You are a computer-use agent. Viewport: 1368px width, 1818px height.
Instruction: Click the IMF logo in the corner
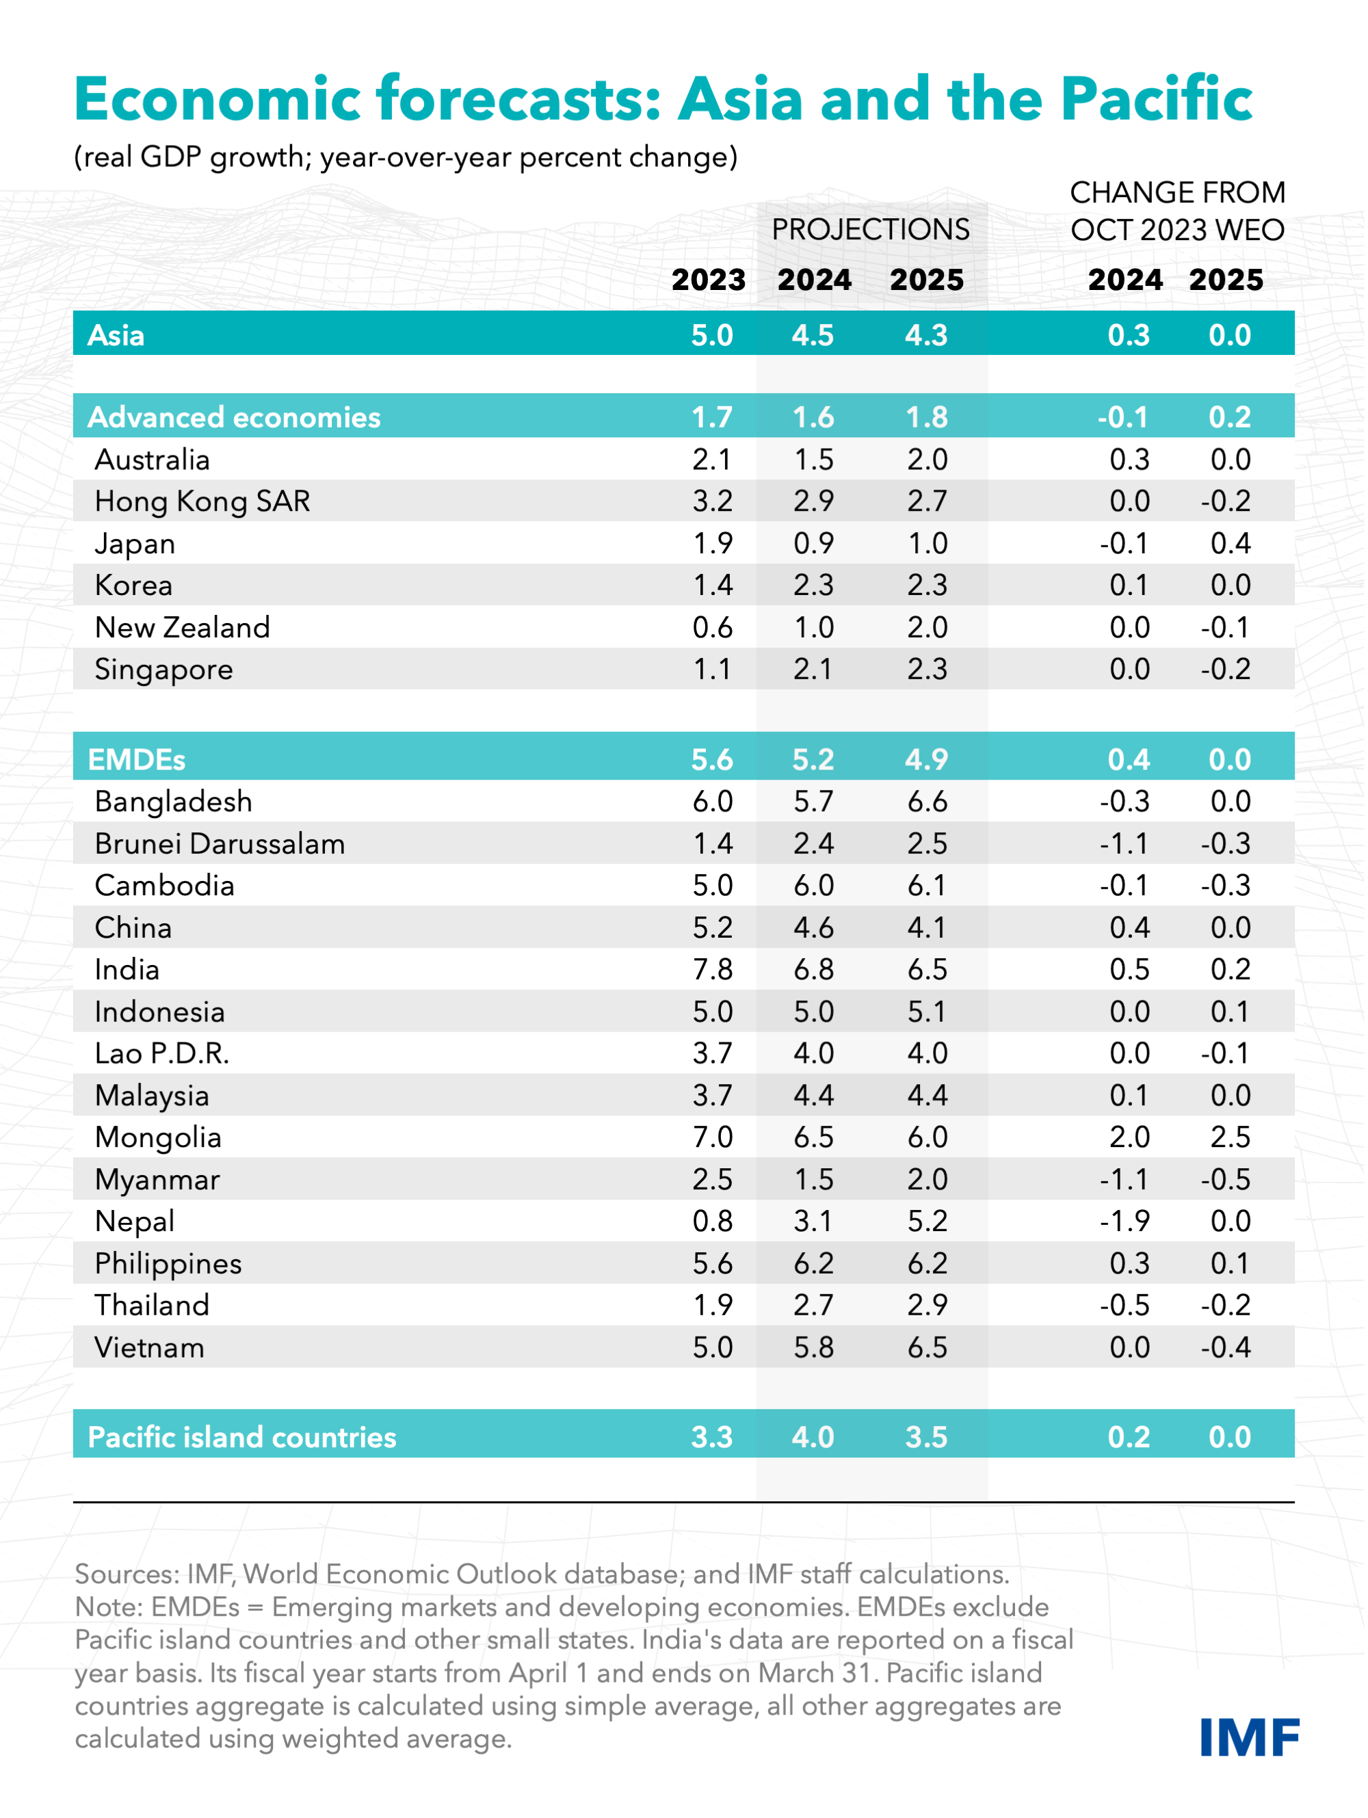[x=1249, y=1737]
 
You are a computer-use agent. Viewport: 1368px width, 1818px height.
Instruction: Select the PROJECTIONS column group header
[x=871, y=229]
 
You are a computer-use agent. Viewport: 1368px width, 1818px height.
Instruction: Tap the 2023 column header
[x=709, y=280]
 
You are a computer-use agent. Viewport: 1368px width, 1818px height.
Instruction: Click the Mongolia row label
[x=158, y=1137]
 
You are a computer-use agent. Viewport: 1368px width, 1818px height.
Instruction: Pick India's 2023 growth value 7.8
[x=712, y=970]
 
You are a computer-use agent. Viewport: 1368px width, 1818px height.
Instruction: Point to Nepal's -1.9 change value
[x=1124, y=1222]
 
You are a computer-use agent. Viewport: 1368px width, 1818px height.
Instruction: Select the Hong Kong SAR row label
[x=202, y=501]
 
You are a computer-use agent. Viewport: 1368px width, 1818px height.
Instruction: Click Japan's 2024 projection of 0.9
[x=813, y=543]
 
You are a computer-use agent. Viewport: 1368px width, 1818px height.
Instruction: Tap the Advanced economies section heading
[x=235, y=417]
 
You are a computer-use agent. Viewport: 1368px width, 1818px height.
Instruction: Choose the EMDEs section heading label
[x=137, y=759]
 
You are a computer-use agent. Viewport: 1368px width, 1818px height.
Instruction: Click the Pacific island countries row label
[x=241, y=1438]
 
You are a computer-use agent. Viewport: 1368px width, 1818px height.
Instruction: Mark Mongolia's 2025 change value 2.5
[x=1230, y=1137]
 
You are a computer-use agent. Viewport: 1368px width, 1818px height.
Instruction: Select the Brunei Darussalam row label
[x=220, y=844]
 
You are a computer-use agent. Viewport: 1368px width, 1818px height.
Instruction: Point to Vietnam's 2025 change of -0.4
[x=1226, y=1348]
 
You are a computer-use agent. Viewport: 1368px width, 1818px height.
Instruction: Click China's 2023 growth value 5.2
[x=712, y=928]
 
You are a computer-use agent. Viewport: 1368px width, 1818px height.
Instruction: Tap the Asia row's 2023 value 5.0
[x=712, y=335]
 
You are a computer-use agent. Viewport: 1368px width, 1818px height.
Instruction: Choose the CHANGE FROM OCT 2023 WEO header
[x=1176, y=211]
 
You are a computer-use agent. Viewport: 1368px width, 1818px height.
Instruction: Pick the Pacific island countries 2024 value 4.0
[x=813, y=1438]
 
